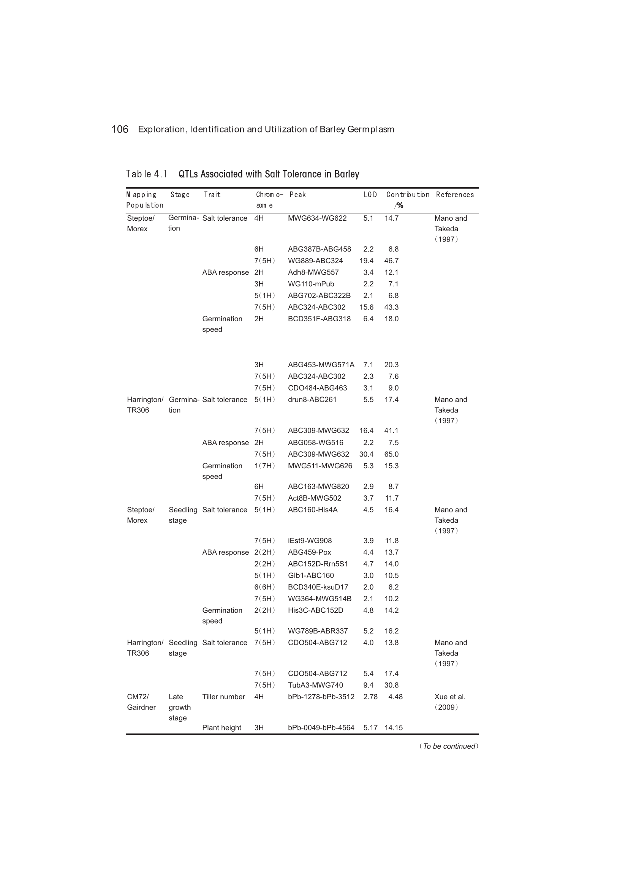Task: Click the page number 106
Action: [x=120, y=129]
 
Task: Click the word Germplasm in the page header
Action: [x=370, y=129]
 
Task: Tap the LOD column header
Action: [x=370, y=194]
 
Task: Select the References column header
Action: [x=455, y=194]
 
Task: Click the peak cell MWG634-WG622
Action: [x=317, y=218]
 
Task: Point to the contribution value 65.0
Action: [x=391, y=454]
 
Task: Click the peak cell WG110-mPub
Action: [x=311, y=284]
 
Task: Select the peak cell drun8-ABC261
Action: [x=312, y=400]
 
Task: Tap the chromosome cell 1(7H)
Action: [x=264, y=466]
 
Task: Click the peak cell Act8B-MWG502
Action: [x=314, y=498]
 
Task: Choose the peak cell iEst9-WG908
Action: [x=310, y=541]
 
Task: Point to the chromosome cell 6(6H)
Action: [x=264, y=587]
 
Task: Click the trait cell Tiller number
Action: [x=223, y=697]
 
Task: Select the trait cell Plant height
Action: [x=221, y=727]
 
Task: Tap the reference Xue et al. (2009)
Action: [x=449, y=702]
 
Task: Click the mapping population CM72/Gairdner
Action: [x=141, y=702]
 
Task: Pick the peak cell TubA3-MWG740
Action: [x=315, y=685]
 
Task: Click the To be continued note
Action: [x=448, y=746]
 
